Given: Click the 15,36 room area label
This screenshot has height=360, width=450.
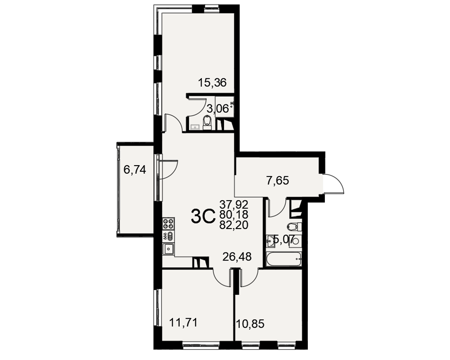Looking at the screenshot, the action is [x=212, y=83].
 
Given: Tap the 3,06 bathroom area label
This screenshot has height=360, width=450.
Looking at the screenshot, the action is [x=218, y=109].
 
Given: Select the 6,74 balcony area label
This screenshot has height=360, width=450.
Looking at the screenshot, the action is [x=135, y=170].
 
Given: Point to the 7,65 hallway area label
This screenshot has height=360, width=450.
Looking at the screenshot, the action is [x=278, y=180].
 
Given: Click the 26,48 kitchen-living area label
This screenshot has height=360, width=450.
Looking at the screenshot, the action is [x=237, y=256].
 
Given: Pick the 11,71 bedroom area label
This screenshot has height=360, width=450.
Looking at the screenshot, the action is [x=184, y=323].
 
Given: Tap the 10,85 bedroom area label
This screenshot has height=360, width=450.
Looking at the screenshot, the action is [x=250, y=324].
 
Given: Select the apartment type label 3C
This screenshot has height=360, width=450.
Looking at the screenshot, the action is [x=203, y=216].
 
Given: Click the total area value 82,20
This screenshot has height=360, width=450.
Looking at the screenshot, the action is [x=234, y=225].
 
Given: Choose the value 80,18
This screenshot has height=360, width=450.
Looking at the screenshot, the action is [x=234, y=215].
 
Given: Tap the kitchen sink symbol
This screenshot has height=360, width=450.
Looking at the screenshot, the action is [x=168, y=248].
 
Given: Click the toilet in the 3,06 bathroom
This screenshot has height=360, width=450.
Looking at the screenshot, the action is [x=207, y=122].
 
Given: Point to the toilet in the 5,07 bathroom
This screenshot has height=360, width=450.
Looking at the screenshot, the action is [x=293, y=226].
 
